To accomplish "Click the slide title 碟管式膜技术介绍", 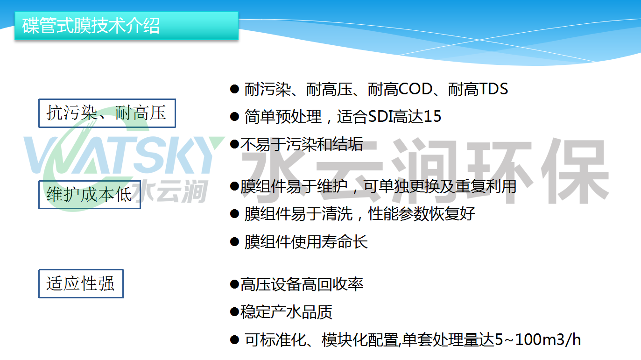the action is click(91, 26).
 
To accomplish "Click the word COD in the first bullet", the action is click(415, 89).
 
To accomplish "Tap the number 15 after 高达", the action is click(432, 116).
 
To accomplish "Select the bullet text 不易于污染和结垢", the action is click(302, 144).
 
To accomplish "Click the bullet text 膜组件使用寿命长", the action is click(306, 242).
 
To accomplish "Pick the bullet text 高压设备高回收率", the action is click(302, 284).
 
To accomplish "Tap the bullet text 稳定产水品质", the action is click(286, 311).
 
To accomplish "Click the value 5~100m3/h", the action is click(538, 339).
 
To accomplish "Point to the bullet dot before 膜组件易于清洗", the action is click(234, 214).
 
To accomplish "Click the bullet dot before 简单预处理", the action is click(234, 116).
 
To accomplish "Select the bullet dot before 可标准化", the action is click(234, 340).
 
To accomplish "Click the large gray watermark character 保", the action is click(575, 171).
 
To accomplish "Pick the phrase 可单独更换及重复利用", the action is click(440, 186).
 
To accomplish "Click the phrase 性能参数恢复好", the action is click(422, 214).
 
